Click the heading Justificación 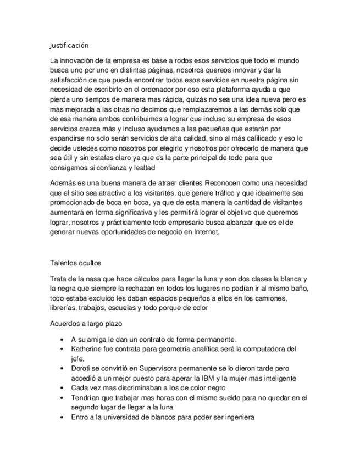(69, 45)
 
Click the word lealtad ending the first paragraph (143, 168)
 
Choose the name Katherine (88, 349)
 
